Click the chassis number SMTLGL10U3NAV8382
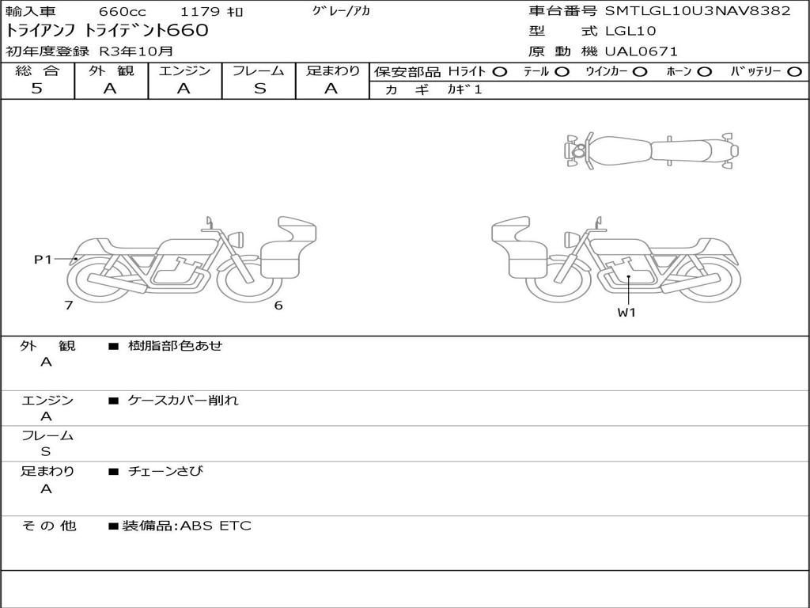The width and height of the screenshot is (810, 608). [x=698, y=11]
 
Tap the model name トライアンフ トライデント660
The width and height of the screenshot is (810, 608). [x=107, y=31]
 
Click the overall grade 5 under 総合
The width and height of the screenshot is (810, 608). [x=36, y=89]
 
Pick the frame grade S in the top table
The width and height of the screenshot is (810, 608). [x=259, y=89]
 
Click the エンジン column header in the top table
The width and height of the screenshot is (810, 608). [x=184, y=70]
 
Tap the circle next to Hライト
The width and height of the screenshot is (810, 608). [x=500, y=72]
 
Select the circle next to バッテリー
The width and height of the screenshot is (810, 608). [x=794, y=72]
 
